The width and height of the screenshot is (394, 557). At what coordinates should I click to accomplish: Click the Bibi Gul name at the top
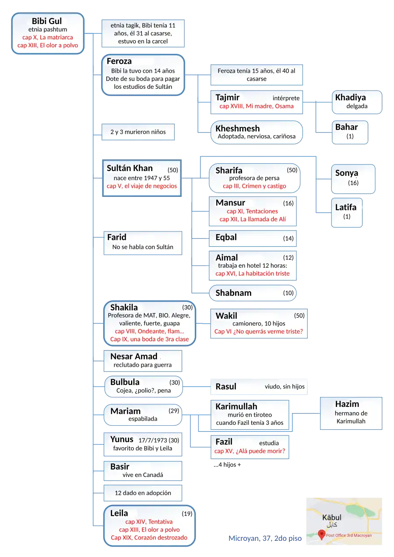[47, 21]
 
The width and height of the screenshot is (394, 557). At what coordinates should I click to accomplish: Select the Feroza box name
[119, 61]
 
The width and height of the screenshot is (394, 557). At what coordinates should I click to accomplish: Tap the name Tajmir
[227, 98]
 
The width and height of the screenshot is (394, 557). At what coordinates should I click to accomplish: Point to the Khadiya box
[356, 102]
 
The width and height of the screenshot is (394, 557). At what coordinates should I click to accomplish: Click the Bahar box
[349, 132]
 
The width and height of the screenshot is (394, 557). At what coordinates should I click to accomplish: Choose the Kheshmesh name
[237, 129]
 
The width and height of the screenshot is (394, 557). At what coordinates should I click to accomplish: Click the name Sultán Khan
[130, 168]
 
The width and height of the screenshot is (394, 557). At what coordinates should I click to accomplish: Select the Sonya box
[353, 178]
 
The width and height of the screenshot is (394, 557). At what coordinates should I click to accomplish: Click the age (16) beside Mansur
[288, 203]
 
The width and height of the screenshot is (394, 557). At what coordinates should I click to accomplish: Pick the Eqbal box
[252, 238]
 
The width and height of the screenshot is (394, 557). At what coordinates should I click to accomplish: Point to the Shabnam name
[233, 293]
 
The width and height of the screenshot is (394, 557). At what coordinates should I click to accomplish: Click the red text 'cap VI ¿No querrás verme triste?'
[258, 332]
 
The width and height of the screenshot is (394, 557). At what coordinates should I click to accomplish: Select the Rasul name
[226, 387]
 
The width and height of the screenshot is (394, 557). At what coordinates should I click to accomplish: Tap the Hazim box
[351, 413]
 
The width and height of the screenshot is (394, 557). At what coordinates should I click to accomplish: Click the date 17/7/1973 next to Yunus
[153, 440]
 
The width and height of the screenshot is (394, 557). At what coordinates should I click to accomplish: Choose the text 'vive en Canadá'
[143, 475]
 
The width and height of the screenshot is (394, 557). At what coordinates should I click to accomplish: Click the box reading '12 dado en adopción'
[143, 493]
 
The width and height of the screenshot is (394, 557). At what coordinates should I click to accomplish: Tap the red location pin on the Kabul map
[321, 534]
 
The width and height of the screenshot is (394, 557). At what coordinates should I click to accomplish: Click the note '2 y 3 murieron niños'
[138, 132]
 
